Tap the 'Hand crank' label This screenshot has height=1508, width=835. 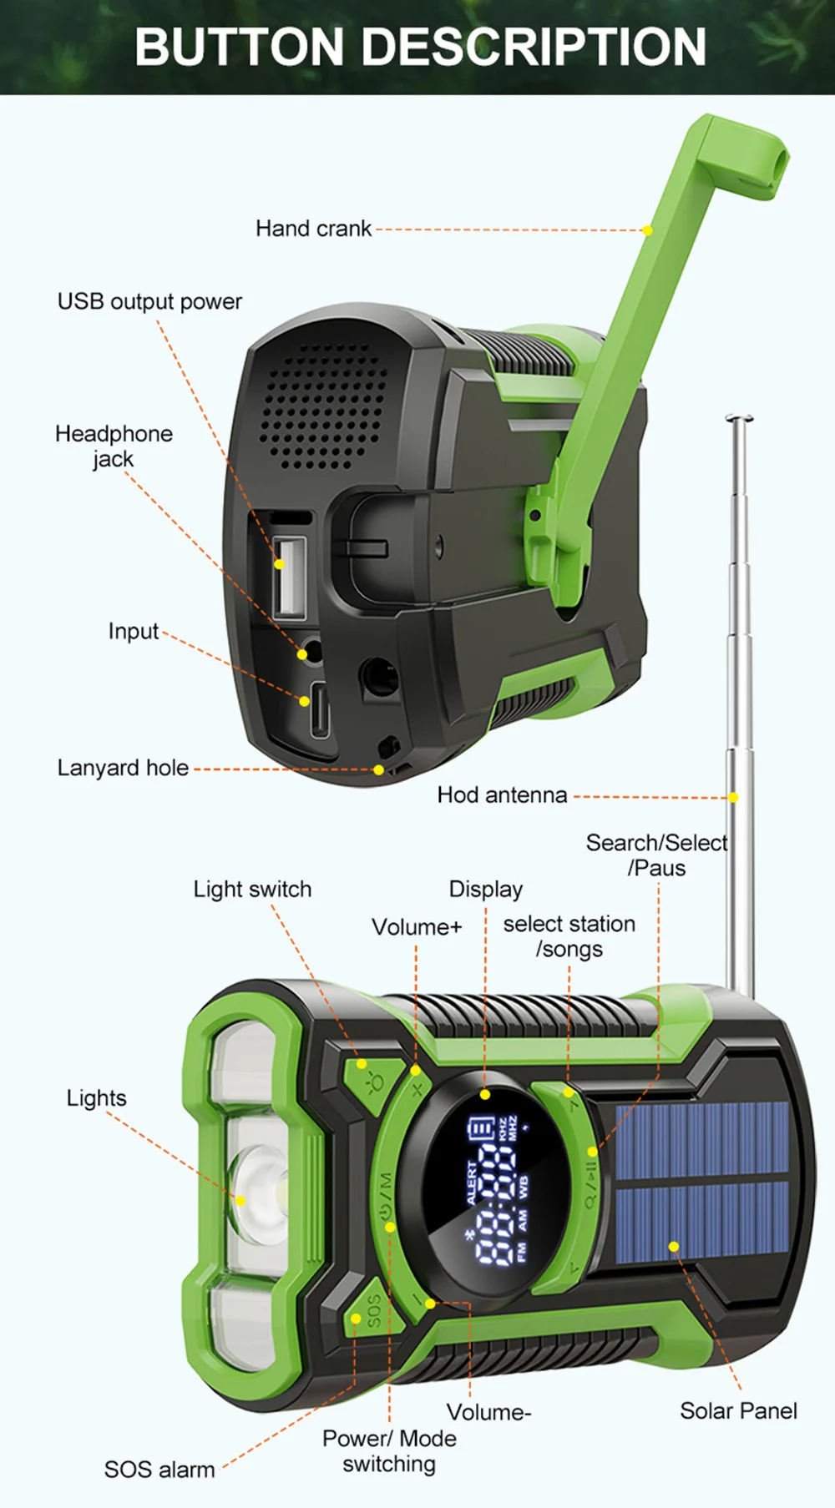313,229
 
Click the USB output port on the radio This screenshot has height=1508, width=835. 289,576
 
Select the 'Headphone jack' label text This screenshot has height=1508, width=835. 114,446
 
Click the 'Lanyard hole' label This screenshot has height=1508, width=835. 123,768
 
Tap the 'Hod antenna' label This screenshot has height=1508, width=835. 502,795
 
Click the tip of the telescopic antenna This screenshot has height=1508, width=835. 739,418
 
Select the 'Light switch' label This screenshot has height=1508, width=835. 252,890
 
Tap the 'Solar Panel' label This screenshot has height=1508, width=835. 738,1411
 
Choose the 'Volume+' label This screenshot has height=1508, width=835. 417,927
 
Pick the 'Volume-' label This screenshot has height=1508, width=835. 488,1412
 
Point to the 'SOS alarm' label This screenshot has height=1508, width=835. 159,1470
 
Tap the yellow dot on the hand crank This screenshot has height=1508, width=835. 647,230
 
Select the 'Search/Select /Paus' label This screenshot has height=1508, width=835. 656,855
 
